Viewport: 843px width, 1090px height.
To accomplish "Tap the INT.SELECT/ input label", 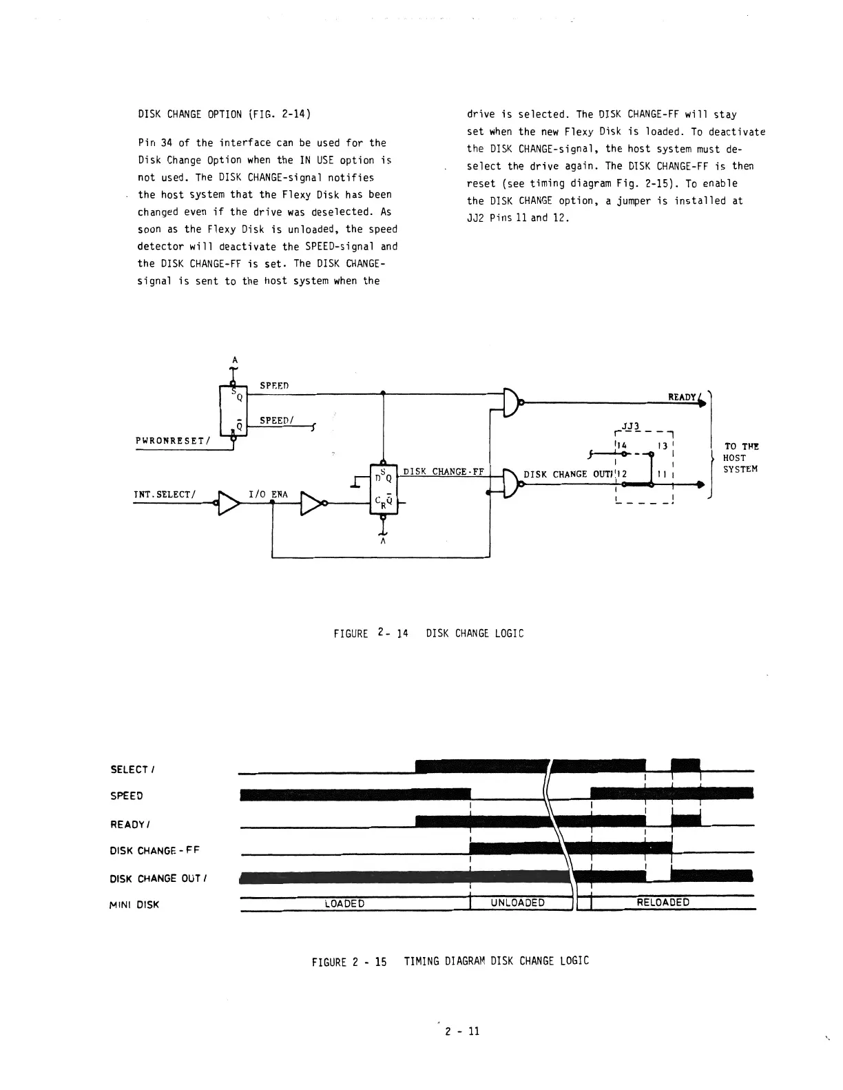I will click(x=165, y=493).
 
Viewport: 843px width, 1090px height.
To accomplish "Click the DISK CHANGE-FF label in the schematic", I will click(x=444, y=472).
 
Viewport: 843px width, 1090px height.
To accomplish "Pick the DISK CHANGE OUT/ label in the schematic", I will click(x=571, y=474).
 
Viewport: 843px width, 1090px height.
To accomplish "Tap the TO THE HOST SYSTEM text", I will click(x=740, y=457).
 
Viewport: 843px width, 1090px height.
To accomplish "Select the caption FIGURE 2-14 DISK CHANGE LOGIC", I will click(x=428, y=633).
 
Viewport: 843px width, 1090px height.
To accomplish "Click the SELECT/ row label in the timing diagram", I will click(x=129, y=770).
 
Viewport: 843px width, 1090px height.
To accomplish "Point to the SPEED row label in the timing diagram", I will click(x=127, y=796).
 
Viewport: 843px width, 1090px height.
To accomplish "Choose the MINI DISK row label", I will click(x=134, y=905).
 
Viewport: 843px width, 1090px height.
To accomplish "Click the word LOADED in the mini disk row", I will click(x=344, y=903).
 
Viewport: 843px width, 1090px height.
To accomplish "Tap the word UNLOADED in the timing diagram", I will click(x=517, y=903).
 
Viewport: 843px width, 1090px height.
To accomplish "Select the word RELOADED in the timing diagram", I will click(x=663, y=903).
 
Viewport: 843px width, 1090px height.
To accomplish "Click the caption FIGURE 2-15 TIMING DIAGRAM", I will click(x=450, y=960).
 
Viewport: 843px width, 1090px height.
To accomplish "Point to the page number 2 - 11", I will click(x=461, y=1031).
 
